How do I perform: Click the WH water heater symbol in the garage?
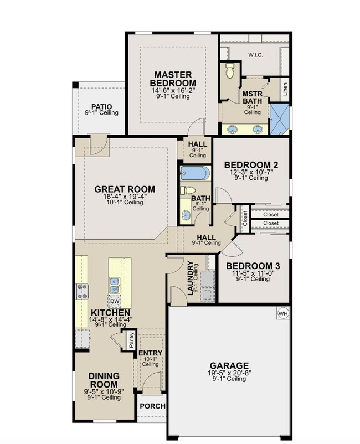(x=283, y=313)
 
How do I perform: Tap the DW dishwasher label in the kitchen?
(x=115, y=301)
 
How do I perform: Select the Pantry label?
(x=131, y=340)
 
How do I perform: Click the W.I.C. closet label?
(x=255, y=55)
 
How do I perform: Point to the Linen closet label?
(x=285, y=89)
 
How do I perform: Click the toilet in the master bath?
(x=230, y=71)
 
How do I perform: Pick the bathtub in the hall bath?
(x=195, y=173)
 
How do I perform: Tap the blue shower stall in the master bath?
(x=280, y=119)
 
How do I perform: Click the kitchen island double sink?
(x=114, y=286)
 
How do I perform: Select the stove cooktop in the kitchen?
(x=83, y=292)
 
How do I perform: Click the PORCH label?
(x=153, y=406)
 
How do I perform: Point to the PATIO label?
(x=102, y=107)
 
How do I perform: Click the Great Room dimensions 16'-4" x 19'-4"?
(x=125, y=197)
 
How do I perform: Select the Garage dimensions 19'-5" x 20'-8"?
(x=230, y=373)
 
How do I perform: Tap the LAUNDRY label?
(x=191, y=278)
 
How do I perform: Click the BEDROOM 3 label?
(x=253, y=266)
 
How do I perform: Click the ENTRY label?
(x=151, y=353)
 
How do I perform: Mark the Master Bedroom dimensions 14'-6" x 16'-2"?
(x=173, y=91)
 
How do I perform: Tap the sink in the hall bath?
(x=186, y=215)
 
